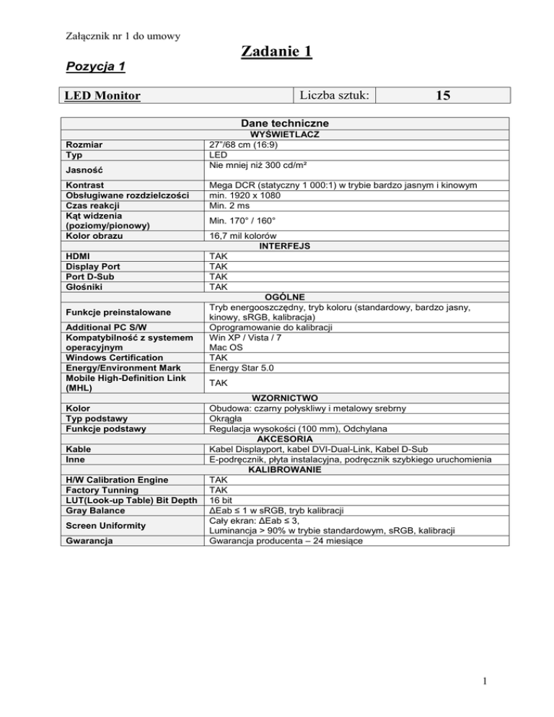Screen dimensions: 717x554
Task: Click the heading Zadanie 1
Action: click(x=276, y=51)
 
